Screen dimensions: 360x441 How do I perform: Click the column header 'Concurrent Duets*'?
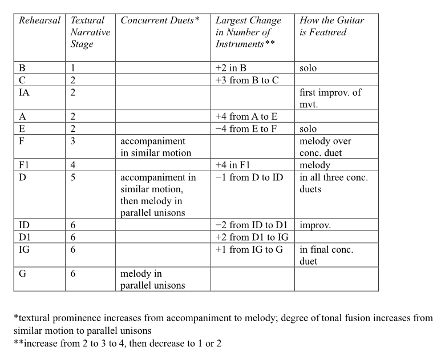pyautogui.click(x=160, y=21)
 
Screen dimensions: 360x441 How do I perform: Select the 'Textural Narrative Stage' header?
pyautogui.click(x=90, y=33)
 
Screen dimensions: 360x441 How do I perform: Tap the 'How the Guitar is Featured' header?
pyautogui.click(x=331, y=26)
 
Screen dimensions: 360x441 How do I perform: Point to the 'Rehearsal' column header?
pyautogui.click(x=39, y=21)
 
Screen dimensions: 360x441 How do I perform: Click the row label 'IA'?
pyautogui.click(x=26, y=92)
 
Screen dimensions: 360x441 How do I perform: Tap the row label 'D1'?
pyautogui.click(x=26, y=237)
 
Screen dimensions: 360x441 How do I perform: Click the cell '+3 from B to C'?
pyautogui.click(x=246, y=80)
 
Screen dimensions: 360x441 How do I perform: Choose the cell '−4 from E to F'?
pyautogui.click(x=246, y=129)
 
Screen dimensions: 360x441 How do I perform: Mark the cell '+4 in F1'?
pyautogui.click(x=237, y=165)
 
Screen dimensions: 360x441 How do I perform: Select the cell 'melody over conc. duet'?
pyautogui.click(x=326, y=147)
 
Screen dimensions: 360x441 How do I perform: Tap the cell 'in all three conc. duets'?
pyautogui.click(x=334, y=183)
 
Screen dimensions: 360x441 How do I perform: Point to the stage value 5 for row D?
pyautogui.click(x=72, y=177)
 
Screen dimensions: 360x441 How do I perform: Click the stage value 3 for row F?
pyautogui.click(x=72, y=141)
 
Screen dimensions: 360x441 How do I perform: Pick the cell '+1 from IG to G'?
pyautogui.click(x=249, y=249)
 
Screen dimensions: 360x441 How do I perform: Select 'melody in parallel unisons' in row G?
pyautogui.click(x=152, y=280)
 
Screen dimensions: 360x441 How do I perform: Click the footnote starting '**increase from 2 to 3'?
pyautogui.click(x=118, y=343)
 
